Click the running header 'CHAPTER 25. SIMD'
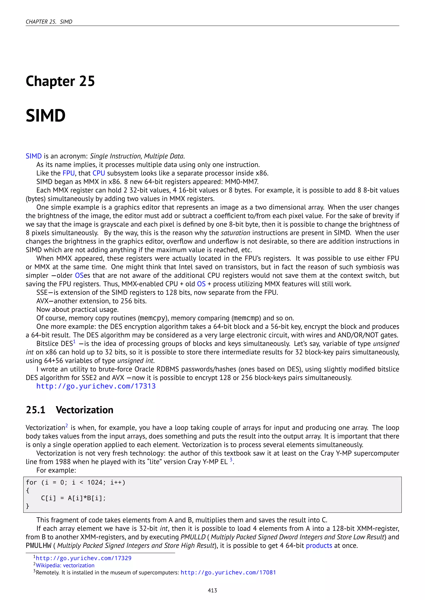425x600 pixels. pos(49,22)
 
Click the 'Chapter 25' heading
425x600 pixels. pos(60,81)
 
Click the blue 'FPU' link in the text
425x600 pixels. pos(68,173)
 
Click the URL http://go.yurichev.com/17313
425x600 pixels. pos(96,386)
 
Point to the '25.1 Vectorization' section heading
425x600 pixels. pos(70,410)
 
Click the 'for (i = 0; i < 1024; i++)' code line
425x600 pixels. pos(76,482)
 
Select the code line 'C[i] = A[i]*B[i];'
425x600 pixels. pos(73,498)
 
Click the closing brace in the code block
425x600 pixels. pos(27,506)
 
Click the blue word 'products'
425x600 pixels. pos(319,546)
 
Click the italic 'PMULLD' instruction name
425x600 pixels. pos(193,537)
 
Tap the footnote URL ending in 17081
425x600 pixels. pos(228,573)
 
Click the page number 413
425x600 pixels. pos(212,590)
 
